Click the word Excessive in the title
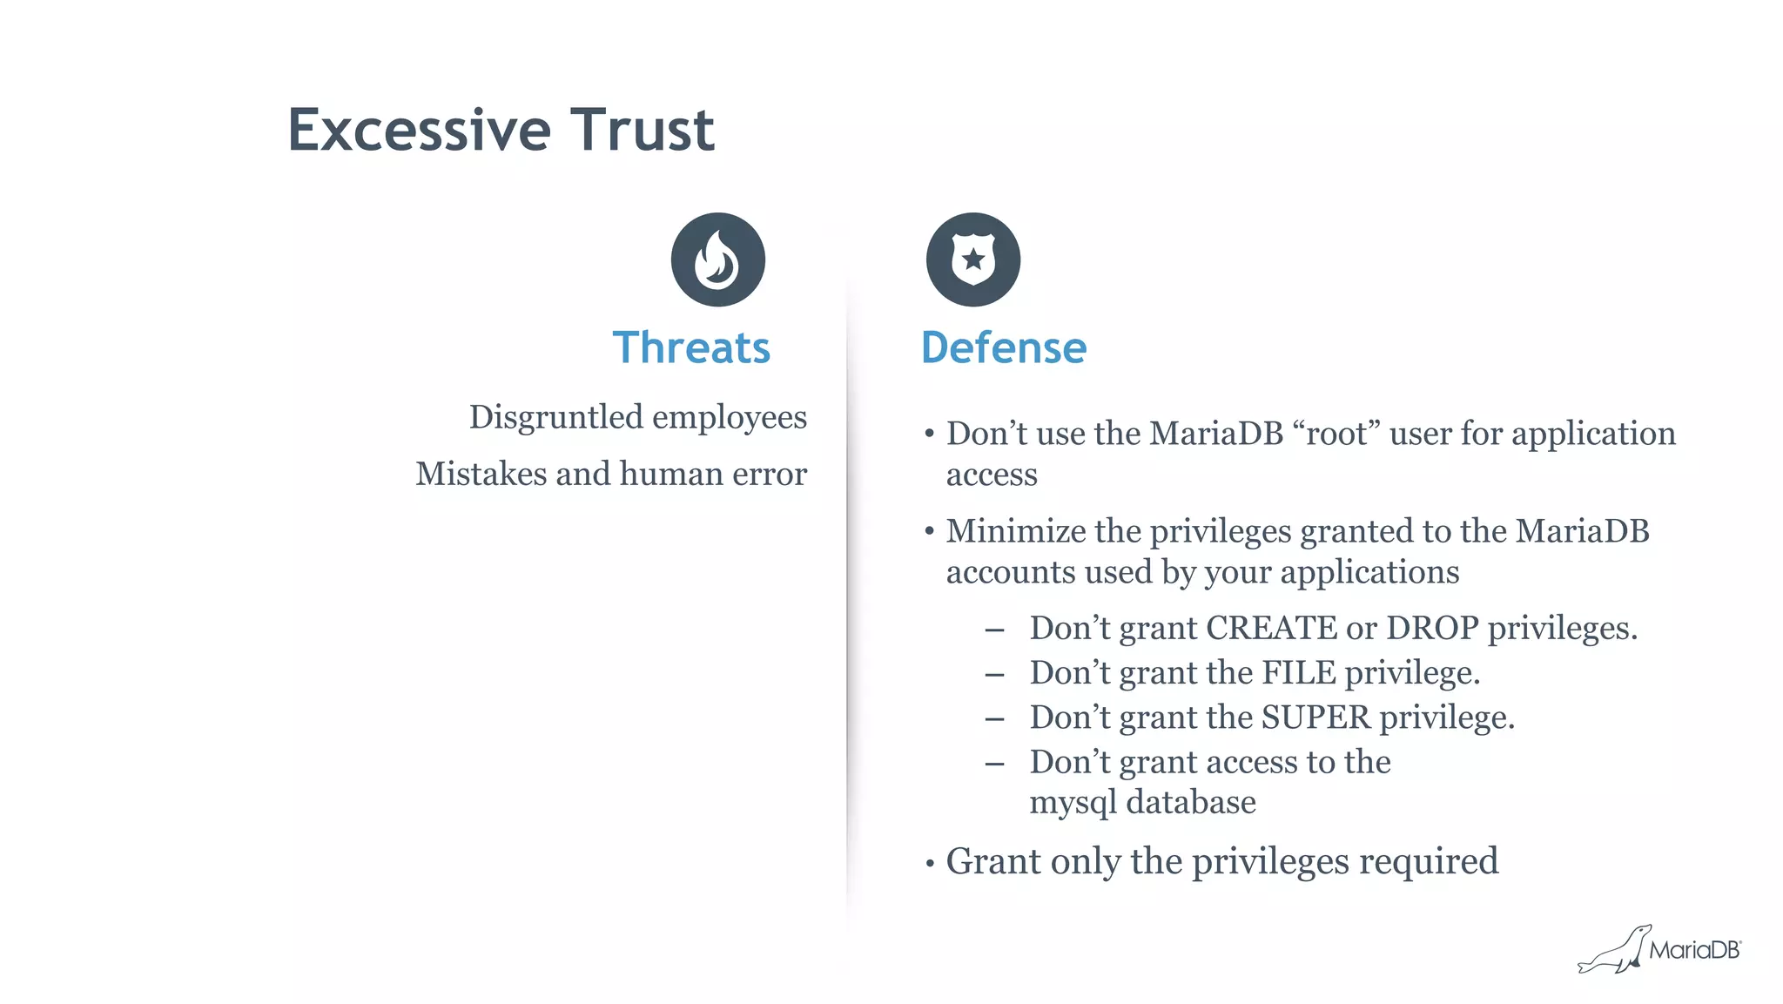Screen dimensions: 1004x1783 point(419,131)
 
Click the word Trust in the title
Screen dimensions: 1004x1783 point(643,131)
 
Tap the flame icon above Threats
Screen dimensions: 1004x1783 point(717,259)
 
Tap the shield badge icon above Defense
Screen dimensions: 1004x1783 point(972,259)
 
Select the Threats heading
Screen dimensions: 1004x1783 point(691,347)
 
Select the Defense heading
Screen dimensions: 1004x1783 point(1003,347)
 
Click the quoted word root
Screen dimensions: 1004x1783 point(1336,434)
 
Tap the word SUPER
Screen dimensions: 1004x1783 point(1315,718)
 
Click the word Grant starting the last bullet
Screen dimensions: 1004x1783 point(992,861)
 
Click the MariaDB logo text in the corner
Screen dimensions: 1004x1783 point(1693,950)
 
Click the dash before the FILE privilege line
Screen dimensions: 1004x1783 point(994,674)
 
